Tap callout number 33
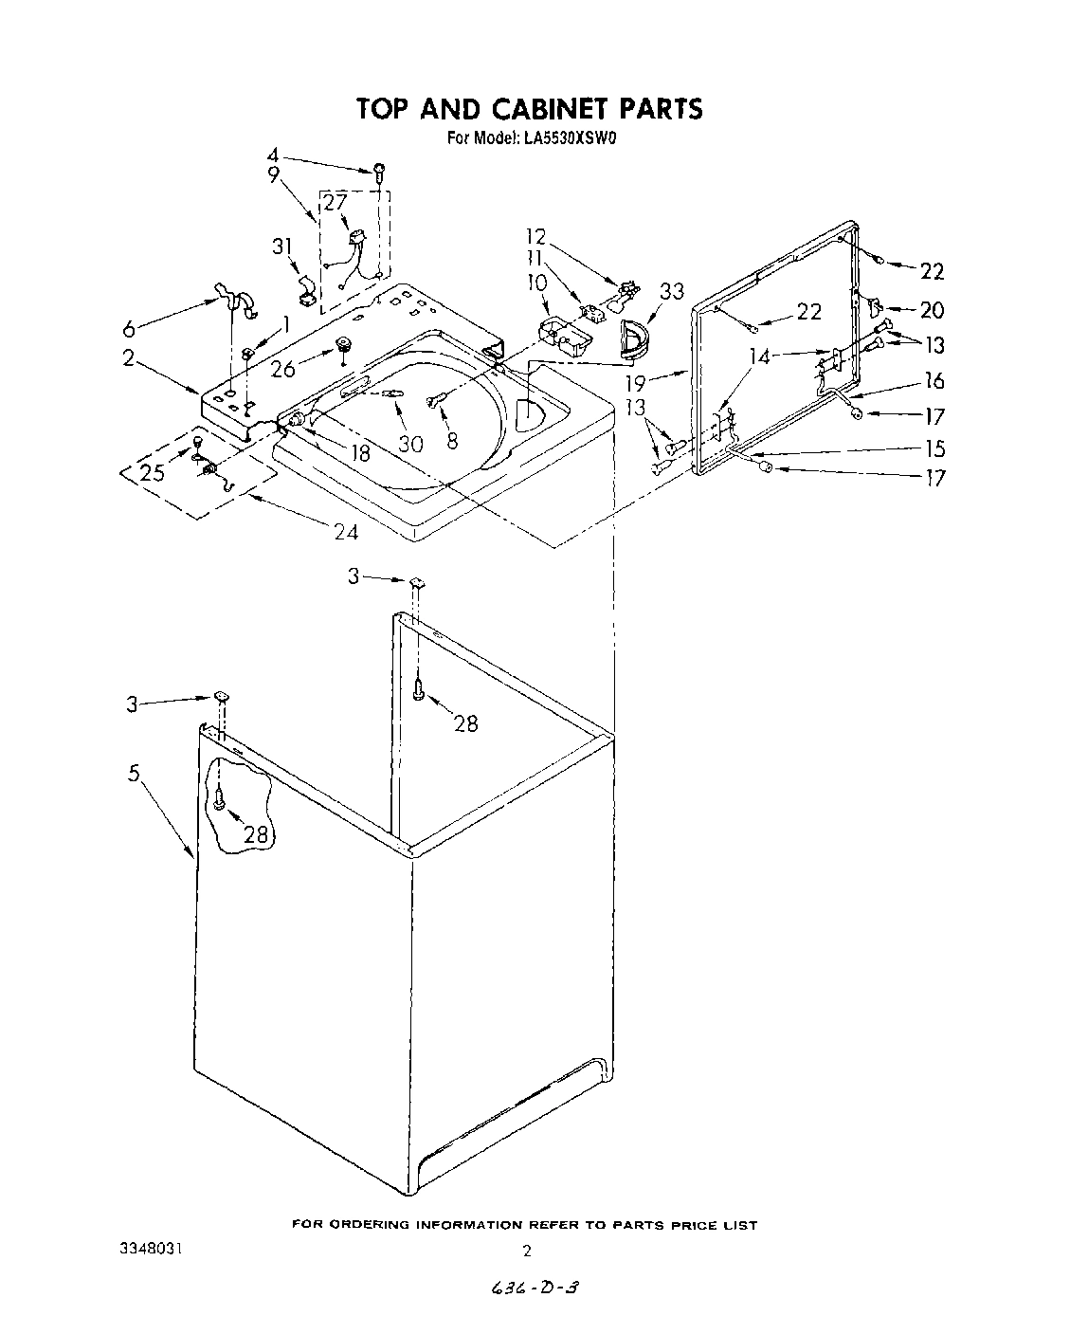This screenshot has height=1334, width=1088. click(x=672, y=291)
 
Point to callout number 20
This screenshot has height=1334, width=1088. click(x=933, y=309)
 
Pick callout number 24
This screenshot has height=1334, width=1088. click(x=346, y=532)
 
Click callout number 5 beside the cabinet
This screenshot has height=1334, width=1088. click(x=135, y=774)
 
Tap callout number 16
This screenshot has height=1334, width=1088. click(x=934, y=380)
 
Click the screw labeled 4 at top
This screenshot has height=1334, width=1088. click(x=380, y=172)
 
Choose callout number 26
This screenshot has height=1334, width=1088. click(x=283, y=368)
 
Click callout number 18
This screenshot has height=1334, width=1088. click(x=359, y=452)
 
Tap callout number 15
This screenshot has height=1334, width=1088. click(x=934, y=448)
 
